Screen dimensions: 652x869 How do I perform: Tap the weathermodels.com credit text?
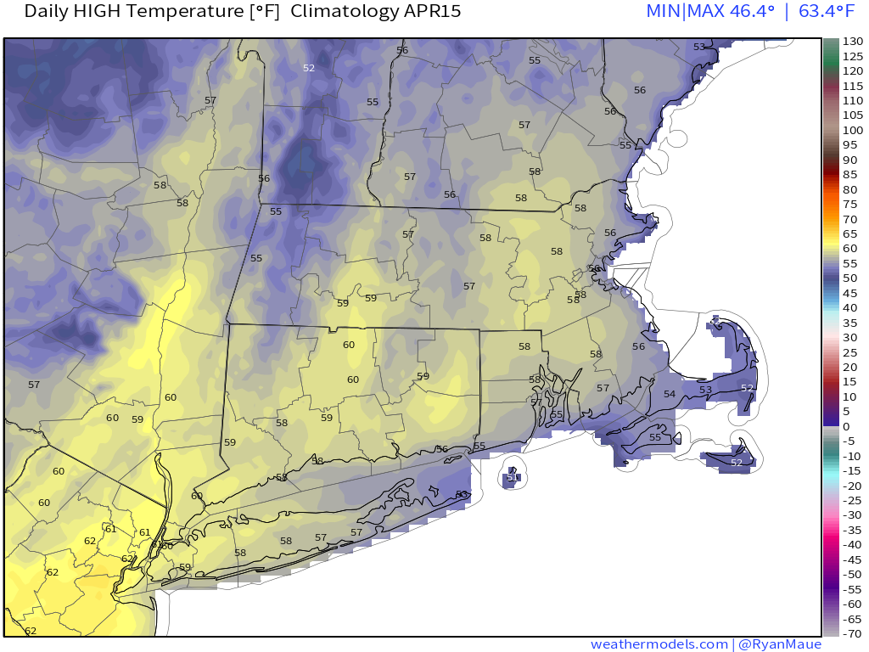coord(659,644)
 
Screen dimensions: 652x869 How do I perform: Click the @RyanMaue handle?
coord(780,644)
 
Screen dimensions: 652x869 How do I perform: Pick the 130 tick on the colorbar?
coord(852,42)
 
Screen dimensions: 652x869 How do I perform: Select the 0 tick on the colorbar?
coord(846,426)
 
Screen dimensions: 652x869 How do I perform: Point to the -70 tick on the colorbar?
coord(852,633)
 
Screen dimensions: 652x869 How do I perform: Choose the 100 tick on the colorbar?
coord(852,130)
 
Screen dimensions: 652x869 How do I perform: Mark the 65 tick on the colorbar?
coord(849,233)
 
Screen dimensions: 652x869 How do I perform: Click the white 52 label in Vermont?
coord(309,68)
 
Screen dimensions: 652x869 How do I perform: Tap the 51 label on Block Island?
coord(513,477)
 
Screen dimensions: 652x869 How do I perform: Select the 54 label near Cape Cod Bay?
coord(670,394)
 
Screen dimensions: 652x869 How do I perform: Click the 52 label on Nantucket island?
coord(737,463)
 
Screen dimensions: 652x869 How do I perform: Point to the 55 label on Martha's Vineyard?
coord(655,437)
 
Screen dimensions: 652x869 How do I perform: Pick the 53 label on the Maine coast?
coord(699,47)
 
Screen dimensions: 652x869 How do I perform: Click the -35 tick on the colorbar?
coord(852,530)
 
